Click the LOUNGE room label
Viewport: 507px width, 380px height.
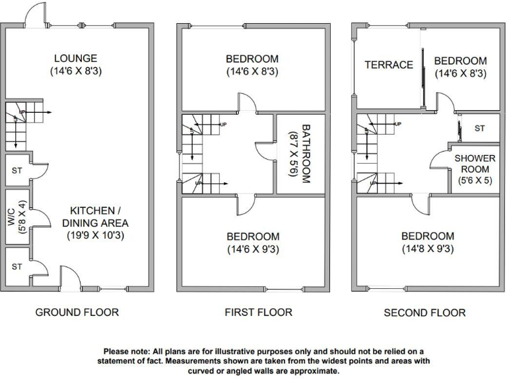pyautogui.click(x=77, y=59)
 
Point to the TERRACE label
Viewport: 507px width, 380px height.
pyautogui.click(x=389, y=65)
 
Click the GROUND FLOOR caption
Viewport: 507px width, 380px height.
pyautogui.click(x=77, y=312)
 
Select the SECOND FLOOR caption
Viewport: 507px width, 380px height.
pyautogui.click(x=424, y=313)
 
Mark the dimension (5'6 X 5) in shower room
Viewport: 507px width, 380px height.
pyautogui.click(x=474, y=180)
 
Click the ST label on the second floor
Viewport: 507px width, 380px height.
pyautogui.click(x=479, y=129)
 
